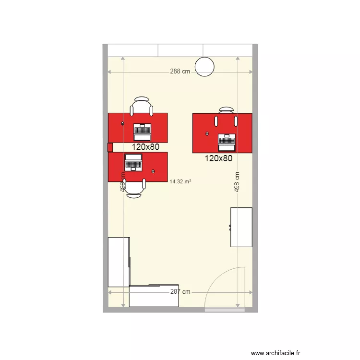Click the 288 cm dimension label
[x=180, y=72]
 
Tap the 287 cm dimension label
[x=180, y=291]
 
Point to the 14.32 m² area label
[x=180, y=181]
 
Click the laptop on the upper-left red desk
[x=142, y=129]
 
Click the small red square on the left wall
[x=110, y=147]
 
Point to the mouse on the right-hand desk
[x=207, y=133]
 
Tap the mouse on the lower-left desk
[x=153, y=170]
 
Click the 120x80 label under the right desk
[x=218, y=158]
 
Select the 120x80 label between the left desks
[x=146, y=147]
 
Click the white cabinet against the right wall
[x=241, y=227]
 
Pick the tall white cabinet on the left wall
[x=119, y=262]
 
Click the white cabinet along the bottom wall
[x=154, y=296]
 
